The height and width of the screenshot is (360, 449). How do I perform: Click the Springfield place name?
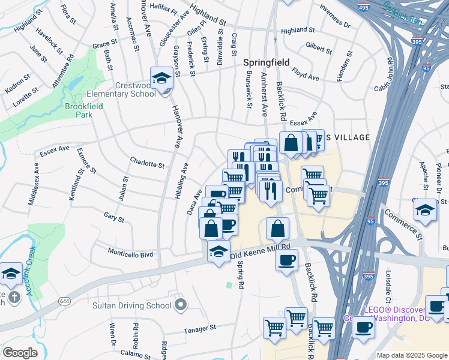[x=266, y=62]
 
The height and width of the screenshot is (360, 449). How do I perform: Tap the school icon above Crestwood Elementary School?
[x=161, y=78]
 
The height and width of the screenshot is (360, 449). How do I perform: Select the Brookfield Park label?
[x=83, y=111]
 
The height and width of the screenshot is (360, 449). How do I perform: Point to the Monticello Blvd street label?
[x=130, y=254]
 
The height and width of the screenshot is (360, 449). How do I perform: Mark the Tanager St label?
[x=200, y=329]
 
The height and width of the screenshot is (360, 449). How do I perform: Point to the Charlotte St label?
[x=147, y=163]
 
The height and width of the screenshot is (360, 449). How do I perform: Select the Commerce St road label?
[x=403, y=223]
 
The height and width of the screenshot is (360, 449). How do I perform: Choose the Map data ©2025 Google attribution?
[x=411, y=355]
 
